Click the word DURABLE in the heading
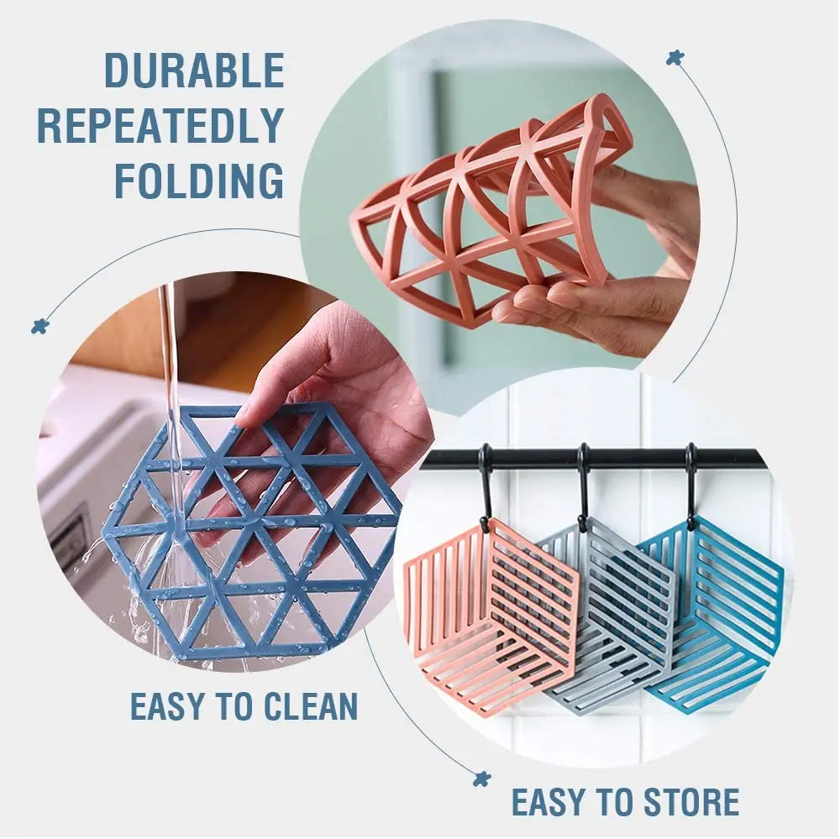click(194, 71)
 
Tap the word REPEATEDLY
click(160, 126)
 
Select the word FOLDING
click(199, 181)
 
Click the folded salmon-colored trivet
click(487, 210)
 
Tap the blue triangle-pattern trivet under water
click(252, 537)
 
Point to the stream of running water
click(171, 378)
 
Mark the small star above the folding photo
click(673, 58)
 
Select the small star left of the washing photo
click(39, 326)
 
